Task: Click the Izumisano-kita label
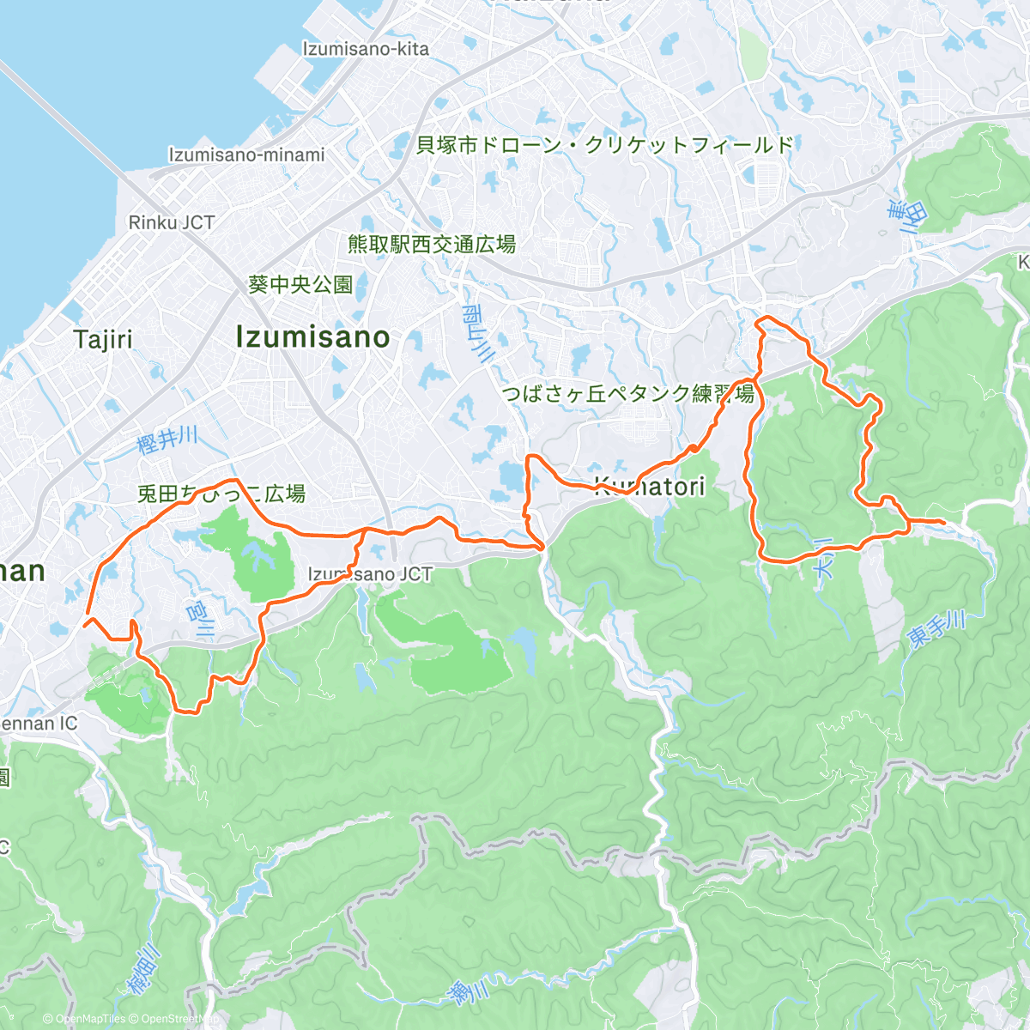click(365, 49)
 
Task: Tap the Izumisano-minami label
click(246, 154)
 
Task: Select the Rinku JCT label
click(171, 222)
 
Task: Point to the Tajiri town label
click(103, 339)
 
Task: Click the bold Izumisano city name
click(312, 337)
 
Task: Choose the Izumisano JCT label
click(370, 574)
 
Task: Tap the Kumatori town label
click(650, 487)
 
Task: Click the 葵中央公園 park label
click(300, 284)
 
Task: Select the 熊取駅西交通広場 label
click(432, 245)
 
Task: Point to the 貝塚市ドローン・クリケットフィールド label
click(605, 145)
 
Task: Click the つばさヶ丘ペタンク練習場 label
click(628, 394)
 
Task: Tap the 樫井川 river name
click(167, 439)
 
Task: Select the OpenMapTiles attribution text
click(85, 1019)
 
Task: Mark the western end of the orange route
click(85, 615)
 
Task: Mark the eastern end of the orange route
click(944, 522)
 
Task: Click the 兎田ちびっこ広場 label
click(221, 494)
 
